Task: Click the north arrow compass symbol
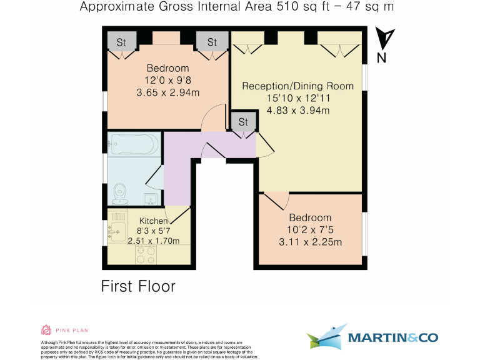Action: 386,39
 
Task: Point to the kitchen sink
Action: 116,231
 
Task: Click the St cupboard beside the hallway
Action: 243,121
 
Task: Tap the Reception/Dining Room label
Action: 297,86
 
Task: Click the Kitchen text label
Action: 153,221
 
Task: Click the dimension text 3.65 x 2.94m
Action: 167,92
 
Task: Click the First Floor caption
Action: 138,287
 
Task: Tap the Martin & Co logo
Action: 372,338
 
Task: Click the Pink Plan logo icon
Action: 46,330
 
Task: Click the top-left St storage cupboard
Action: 121,42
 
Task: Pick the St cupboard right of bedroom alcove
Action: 212,42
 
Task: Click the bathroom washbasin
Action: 150,199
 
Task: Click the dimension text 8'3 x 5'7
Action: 153,231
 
